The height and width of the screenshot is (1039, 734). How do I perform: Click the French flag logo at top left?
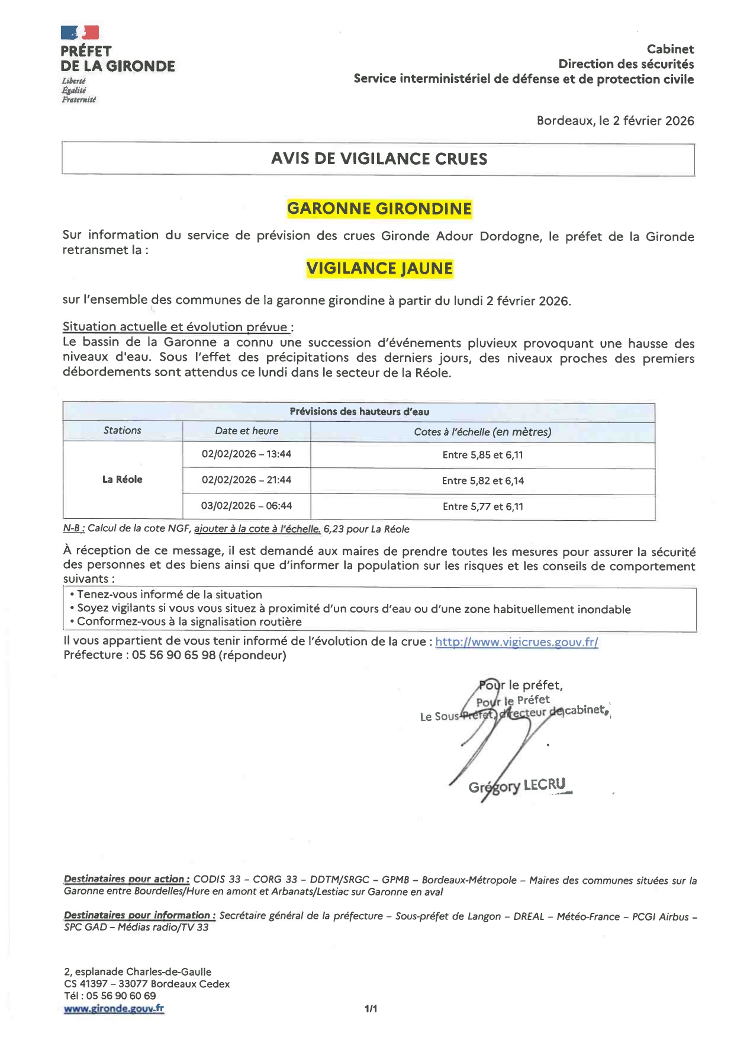[x=79, y=33]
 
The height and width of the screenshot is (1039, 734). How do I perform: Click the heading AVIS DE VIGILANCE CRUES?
[x=379, y=159]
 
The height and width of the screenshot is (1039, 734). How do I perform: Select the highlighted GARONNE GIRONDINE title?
[x=379, y=209]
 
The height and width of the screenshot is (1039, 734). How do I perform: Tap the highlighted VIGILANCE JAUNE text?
[x=379, y=268]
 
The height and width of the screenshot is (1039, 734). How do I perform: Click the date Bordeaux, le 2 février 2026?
[x=615, y=121]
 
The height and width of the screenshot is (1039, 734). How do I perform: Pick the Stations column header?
[x=123, y=431]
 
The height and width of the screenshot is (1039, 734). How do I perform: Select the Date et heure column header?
[x=246, y=431]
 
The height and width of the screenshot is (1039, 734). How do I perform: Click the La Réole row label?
[x=123, y=479]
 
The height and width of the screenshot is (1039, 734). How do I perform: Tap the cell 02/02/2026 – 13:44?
[x=246, y=454]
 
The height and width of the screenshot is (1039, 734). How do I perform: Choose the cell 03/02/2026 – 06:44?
[x=246, y=506]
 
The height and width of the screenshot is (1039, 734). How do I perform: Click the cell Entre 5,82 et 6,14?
[x=482, y=480]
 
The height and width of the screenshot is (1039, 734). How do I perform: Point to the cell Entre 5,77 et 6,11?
[x=482, y=506]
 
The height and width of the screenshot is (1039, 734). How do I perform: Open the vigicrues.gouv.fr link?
[x=516, y=642]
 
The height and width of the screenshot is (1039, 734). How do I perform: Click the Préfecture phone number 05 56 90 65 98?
[x=173, y=655]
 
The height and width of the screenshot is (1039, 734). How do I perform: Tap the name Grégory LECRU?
[x=517, y=786]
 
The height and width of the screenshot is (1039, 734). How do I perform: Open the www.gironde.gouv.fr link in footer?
[x=114, y=1008]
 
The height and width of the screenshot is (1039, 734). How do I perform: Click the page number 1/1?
[x=371, y=1008]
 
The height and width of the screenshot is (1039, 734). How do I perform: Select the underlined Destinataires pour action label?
[x=126, y=880]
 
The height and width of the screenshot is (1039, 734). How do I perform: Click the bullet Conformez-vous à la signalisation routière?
[x=189, y=622]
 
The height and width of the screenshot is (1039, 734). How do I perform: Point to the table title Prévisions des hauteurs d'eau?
[x=359, y=412]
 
